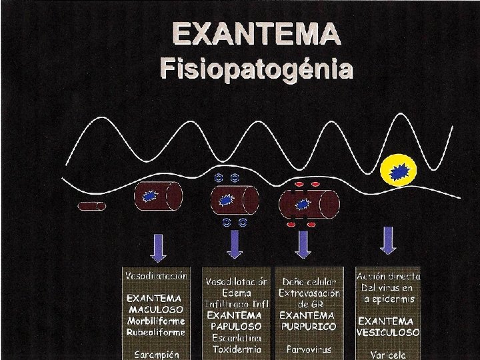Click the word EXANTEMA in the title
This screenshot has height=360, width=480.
257,33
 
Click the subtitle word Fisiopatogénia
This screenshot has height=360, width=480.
257,68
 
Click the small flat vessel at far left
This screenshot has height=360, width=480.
92,206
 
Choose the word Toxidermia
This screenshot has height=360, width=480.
236,349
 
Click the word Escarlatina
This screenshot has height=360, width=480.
236,338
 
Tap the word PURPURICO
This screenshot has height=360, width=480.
309,327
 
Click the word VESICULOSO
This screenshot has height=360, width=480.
388,331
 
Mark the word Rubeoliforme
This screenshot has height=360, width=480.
155,331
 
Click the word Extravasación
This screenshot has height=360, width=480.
309,293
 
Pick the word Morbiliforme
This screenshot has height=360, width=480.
155,321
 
